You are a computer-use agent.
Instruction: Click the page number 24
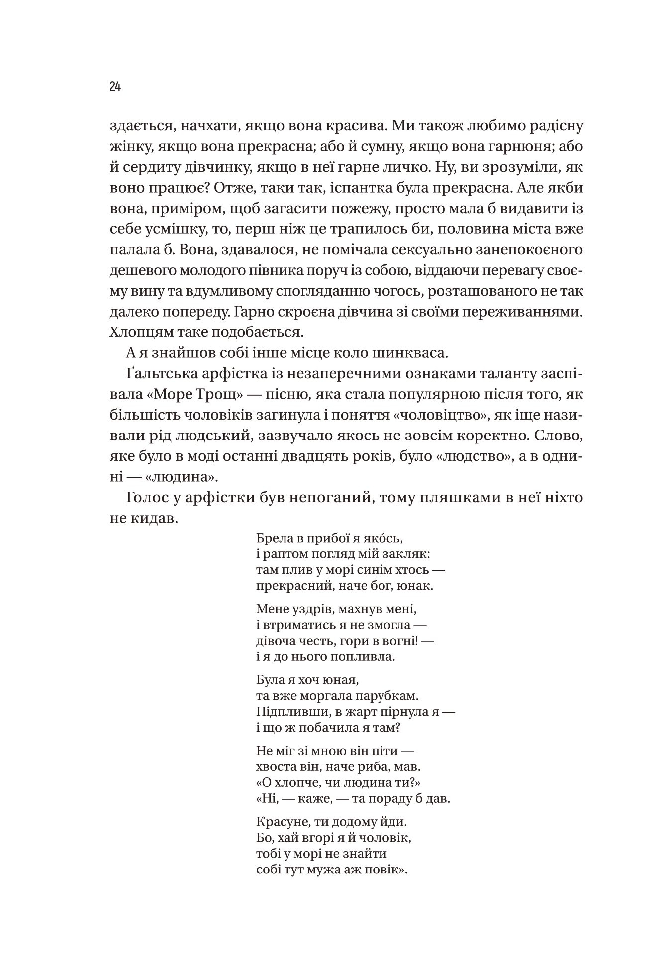115,87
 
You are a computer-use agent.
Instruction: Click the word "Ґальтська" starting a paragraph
165,374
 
